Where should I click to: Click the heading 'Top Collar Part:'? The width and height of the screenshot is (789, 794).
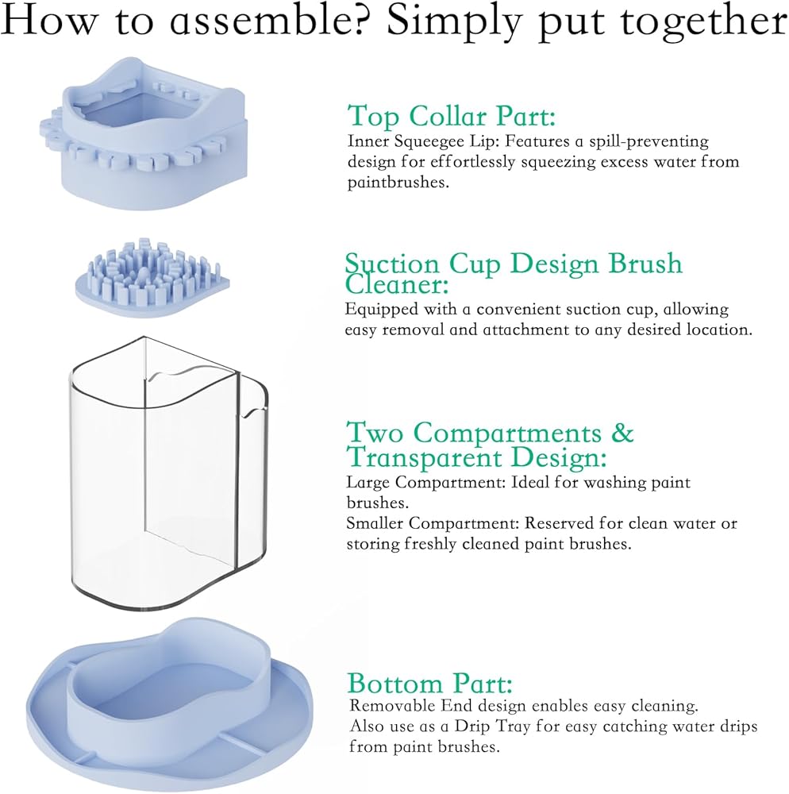[452, 116]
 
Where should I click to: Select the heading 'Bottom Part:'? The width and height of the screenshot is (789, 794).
[429, 683]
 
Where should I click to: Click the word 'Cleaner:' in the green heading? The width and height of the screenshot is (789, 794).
[397, 285]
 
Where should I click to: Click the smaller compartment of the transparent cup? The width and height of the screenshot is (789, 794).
[250, 476]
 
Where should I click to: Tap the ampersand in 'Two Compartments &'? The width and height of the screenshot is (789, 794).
[623, 434]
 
